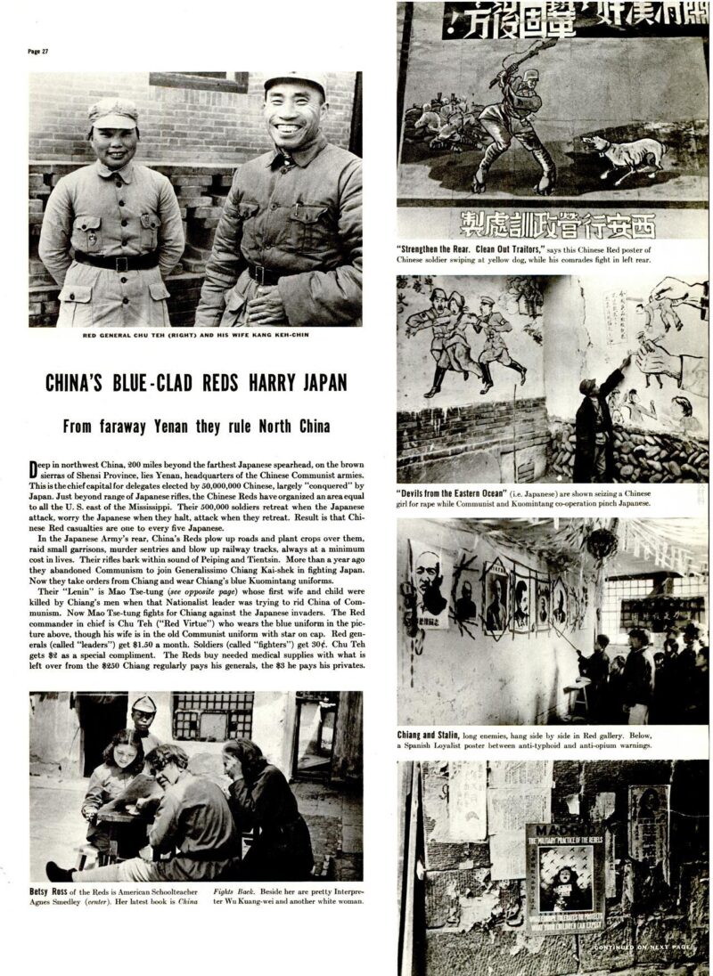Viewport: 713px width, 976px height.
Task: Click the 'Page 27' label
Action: [x=38, y=52]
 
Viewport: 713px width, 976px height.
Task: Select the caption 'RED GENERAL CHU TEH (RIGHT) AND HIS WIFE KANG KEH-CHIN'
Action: [x=196, y=337]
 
